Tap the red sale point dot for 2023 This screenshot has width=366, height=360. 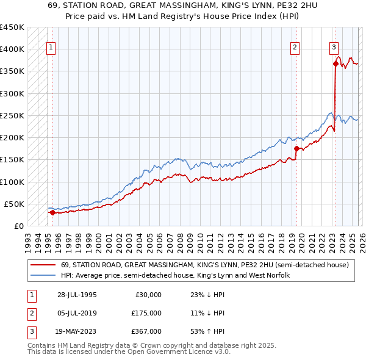pyautogui.click(x=335, y=63)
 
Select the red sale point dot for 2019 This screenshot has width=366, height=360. pyautogui.click(x=296, y=148)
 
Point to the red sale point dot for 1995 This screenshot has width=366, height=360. pyautogui.click(x=52, y=212)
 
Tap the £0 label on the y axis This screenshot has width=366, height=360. pyautogui.click(x=18, y=226)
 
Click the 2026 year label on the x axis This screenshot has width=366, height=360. pyautogui.click(x=361, y=239)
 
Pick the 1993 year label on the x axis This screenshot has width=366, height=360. pyautogui.click(x=28, y=239)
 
